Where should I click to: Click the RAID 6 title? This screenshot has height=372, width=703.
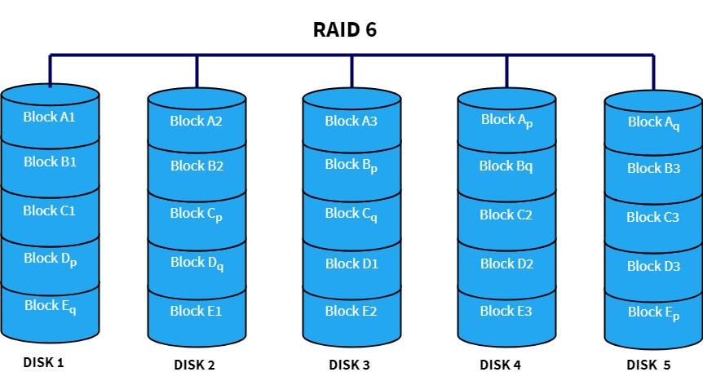pos(345,30)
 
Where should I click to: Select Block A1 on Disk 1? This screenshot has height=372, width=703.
pos(50,117)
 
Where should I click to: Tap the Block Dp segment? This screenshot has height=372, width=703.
pos(50,259)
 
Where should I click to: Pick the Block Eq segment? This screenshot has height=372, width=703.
pos(50,307)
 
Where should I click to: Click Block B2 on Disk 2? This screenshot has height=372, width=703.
pos(197,166)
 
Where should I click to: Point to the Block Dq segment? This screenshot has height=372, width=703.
pos(197,263)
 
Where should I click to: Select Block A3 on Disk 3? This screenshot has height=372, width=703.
pos(351,122)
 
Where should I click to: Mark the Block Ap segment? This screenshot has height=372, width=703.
pos(506,120)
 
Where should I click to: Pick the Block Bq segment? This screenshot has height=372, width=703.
pos(506,166)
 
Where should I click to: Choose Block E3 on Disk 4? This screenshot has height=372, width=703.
pos(506,311)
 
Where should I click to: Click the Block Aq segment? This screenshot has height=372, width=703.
pos(653,122)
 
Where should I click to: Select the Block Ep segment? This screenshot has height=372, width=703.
pos(653,312)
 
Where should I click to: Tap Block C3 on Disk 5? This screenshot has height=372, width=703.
pos(653,218)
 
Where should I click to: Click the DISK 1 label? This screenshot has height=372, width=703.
pos(43,362)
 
